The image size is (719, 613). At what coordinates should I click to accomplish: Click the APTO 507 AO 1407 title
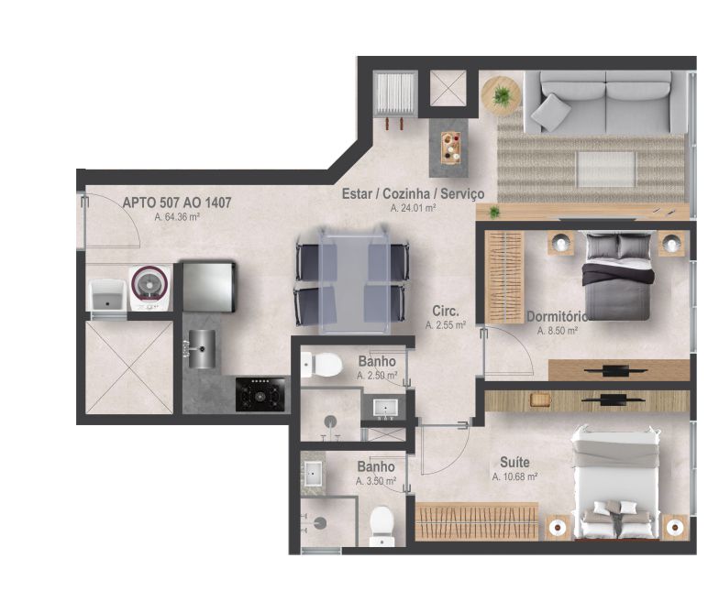pos(176,203)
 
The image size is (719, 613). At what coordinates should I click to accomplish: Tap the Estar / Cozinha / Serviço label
pos(413,193)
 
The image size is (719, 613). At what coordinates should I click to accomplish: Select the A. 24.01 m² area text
pos(413,208)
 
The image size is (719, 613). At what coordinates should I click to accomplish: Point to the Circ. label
pos(446,312)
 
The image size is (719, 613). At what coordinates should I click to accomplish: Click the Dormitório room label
pos(557,317)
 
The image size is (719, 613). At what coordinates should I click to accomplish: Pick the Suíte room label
pos(514,462)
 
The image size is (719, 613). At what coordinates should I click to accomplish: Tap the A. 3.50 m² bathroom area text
pos(376,481)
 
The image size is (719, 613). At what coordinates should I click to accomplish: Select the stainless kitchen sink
pos(201,349)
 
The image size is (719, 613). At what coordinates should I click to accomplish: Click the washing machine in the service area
pos(149,288)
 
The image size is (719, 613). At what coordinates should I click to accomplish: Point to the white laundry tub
pos(108,296)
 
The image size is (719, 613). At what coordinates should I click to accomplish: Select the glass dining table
pos(353,279)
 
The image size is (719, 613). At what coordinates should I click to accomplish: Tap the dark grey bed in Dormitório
pos(618,277)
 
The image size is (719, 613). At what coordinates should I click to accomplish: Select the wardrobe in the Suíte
pos(477,521)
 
